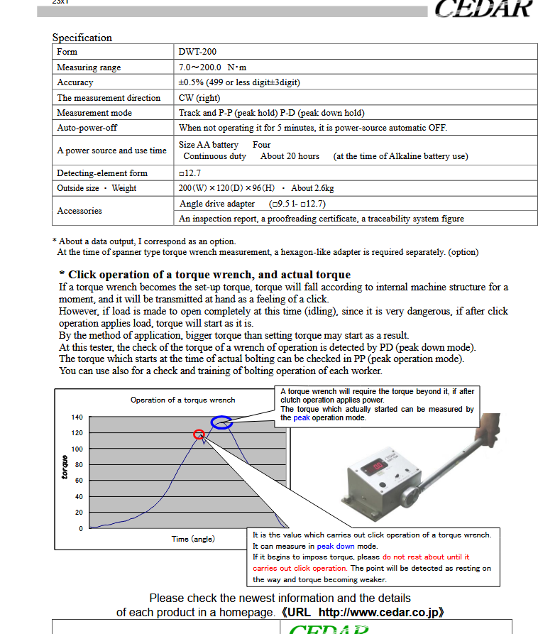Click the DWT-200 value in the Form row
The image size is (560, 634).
[198, 52]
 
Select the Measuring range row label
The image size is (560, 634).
[89, 67]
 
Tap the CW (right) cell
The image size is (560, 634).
[199, 98]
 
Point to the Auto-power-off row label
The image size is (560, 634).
[87, 128]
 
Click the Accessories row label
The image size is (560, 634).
[79, 211]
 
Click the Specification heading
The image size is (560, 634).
[82, 38]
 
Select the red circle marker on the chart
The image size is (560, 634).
[199, 434]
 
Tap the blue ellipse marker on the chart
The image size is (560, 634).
[222, 422]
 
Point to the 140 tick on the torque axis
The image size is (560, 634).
[77, 417]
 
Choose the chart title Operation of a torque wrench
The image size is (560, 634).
[182, 400]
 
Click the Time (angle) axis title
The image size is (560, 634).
[193, 539]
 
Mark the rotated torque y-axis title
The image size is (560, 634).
[65, 466]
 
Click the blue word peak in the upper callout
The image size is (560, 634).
[302, 417]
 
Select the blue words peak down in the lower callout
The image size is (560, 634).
[336, 547]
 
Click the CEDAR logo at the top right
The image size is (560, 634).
[483, 9]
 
